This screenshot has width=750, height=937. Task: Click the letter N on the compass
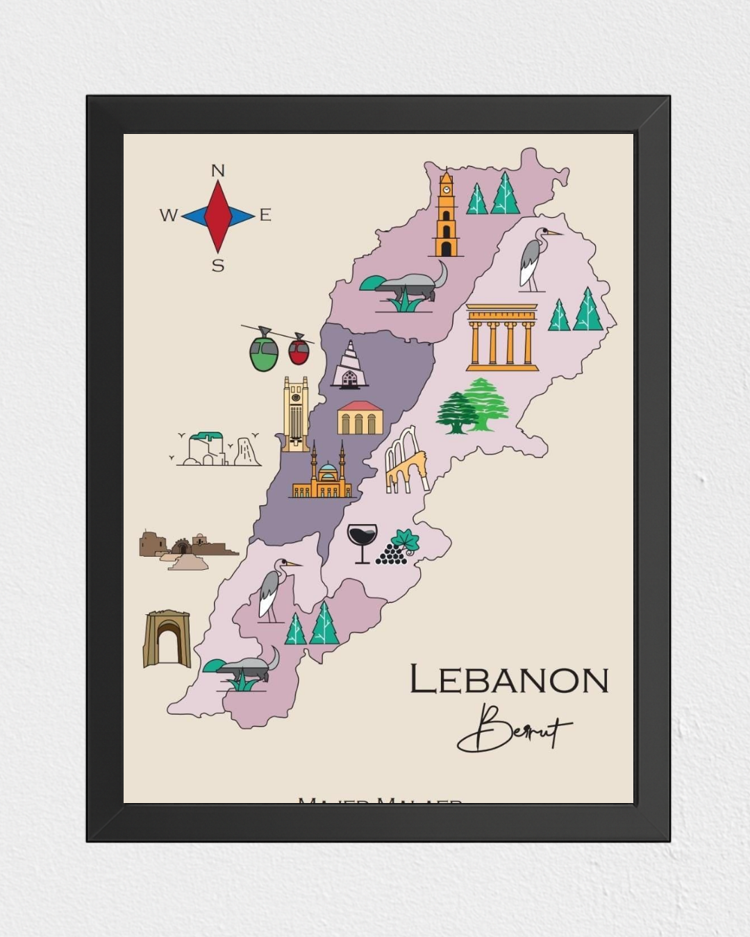point(217,171)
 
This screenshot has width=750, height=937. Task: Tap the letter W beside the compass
point(168,215)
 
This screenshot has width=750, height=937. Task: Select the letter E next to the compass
point(265,215)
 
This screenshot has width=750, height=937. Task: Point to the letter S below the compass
point(218,266)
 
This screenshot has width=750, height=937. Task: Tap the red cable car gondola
point(299,350)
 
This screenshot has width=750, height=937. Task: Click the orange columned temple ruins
point(502,337)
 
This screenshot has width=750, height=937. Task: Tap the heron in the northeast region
point(534,259)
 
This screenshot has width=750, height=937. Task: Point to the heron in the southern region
point(272,589)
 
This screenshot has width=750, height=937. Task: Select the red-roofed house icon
point(360,418)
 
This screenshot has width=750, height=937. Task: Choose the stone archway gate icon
point(167,639)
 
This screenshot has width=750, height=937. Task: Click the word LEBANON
point(509,679)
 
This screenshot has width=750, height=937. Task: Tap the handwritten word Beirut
point(513,729)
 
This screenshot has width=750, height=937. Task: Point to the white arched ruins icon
point(407,461)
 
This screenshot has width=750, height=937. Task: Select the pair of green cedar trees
point(473,406)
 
